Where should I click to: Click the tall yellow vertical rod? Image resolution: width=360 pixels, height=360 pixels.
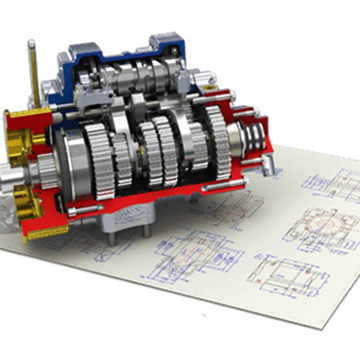click(33, 71)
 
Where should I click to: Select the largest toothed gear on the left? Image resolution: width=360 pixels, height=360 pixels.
click(98, 160)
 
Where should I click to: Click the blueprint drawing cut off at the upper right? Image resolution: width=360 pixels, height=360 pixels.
click(333, 183)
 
